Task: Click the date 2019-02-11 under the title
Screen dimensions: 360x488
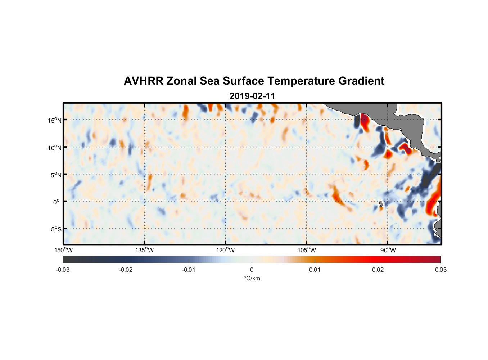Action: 252,96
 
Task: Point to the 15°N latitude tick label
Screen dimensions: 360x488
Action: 55,120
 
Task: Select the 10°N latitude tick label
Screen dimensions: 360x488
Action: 55,148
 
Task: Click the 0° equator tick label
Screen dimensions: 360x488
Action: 57,202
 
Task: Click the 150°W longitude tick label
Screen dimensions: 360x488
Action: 63,250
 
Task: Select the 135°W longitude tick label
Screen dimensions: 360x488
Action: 144,250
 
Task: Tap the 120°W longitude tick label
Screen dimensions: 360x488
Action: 225,250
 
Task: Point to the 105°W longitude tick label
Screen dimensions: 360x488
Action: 307,250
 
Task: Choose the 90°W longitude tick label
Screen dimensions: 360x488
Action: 388,250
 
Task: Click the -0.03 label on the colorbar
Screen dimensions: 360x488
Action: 63,270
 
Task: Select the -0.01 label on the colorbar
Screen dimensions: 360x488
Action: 189,270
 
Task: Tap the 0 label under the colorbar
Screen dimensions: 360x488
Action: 252,270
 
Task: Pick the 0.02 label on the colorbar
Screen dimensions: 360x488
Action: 378,270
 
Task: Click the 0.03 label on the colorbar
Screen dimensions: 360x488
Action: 440,270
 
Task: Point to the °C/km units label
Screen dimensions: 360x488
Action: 252,278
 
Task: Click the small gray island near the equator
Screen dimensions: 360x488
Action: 381,204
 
